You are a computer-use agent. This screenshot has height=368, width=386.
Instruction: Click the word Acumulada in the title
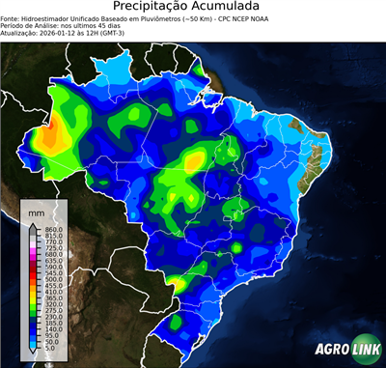(x=232, y=8)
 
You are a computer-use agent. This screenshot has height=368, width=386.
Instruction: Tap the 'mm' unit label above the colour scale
(x=37, y=211)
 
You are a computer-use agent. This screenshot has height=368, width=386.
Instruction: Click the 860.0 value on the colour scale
(x=54, y=228)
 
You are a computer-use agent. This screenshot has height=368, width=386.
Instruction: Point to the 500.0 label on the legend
(x=54, y=278)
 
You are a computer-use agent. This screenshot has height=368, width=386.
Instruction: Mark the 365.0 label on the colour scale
(x=54, y=299)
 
